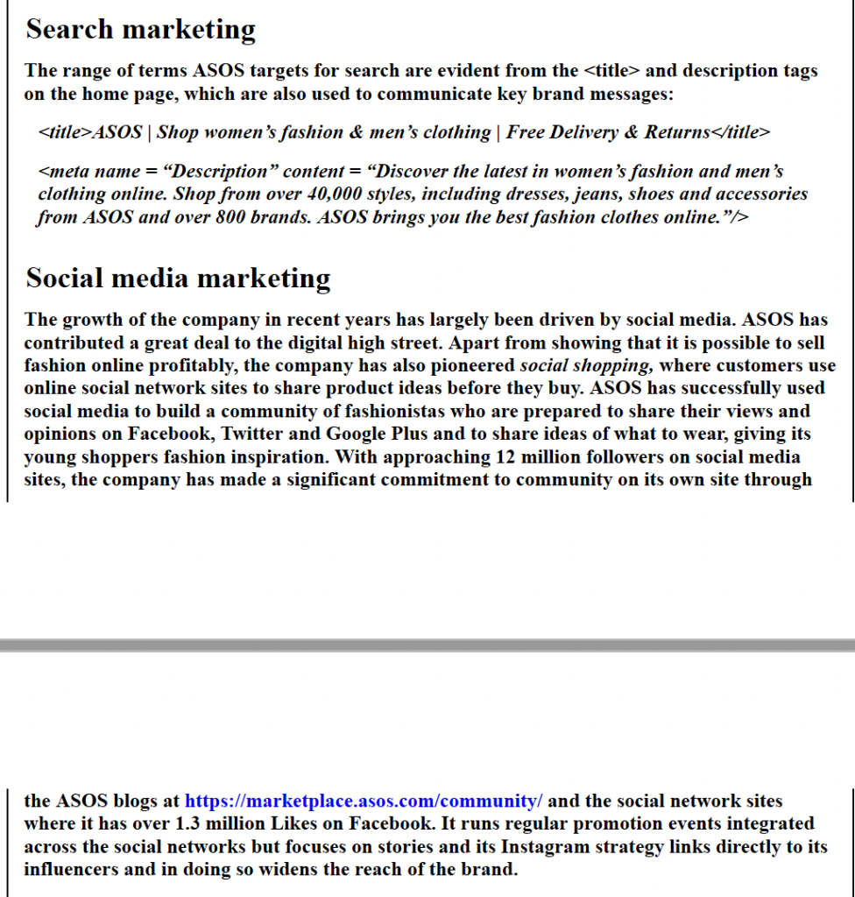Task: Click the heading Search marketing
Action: pyautogui.click(x=140, y=29)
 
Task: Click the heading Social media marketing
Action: pyautogui.click(x=178, y=278)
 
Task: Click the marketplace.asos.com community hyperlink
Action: pyautogui.click(x=364, y=801)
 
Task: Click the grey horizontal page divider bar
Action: pyautogui.click(x=427, y=646)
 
